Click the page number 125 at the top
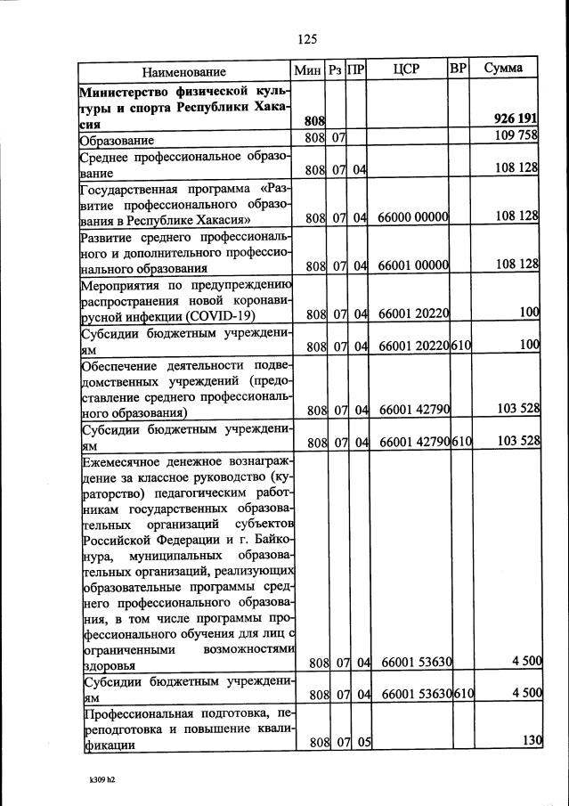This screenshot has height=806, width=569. click(307, 38)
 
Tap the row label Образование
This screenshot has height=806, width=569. click(117, 140)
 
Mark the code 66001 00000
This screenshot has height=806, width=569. click(412, 265)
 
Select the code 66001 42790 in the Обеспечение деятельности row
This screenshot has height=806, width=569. click(412, 410)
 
